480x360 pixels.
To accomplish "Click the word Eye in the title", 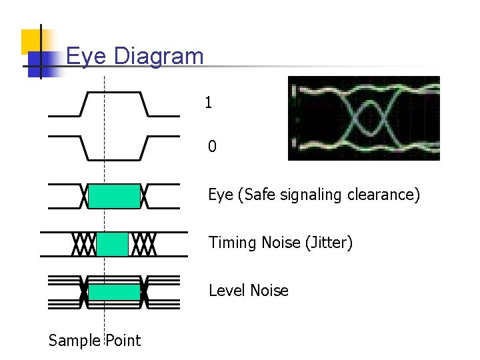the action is [87, 56].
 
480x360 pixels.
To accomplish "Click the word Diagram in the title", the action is [159, 56].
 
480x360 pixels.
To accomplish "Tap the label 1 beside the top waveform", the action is [209, 103].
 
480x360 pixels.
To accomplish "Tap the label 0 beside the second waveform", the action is [212, 146].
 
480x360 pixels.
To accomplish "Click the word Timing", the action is [231, 243].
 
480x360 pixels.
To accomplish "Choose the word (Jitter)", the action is [329, 243].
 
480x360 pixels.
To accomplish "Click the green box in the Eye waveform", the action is [115, 197].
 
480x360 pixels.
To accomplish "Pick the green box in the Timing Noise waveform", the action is [112, 245].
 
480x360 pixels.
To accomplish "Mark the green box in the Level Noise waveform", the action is [115, 292].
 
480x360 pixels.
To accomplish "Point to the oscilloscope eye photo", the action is [363, 118].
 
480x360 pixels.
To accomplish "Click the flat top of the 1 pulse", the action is [113, 93].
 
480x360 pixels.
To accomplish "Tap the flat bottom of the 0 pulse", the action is [114, 159].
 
